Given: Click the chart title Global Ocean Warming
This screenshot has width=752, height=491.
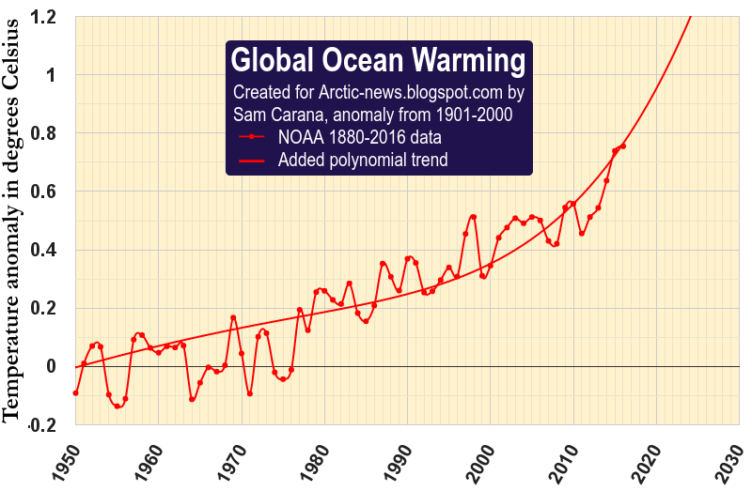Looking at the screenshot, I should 378,61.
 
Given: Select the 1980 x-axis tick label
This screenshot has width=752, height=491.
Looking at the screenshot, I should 310,461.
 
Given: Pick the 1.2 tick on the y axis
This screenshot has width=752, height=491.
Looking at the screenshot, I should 43,17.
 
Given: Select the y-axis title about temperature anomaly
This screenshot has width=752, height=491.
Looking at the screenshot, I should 14,235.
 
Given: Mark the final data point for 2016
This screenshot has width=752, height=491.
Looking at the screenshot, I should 622,146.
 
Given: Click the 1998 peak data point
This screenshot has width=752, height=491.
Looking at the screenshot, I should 474,218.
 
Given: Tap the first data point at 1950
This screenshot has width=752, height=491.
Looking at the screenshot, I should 75,392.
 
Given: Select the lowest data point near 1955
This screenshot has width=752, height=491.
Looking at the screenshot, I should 117,407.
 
